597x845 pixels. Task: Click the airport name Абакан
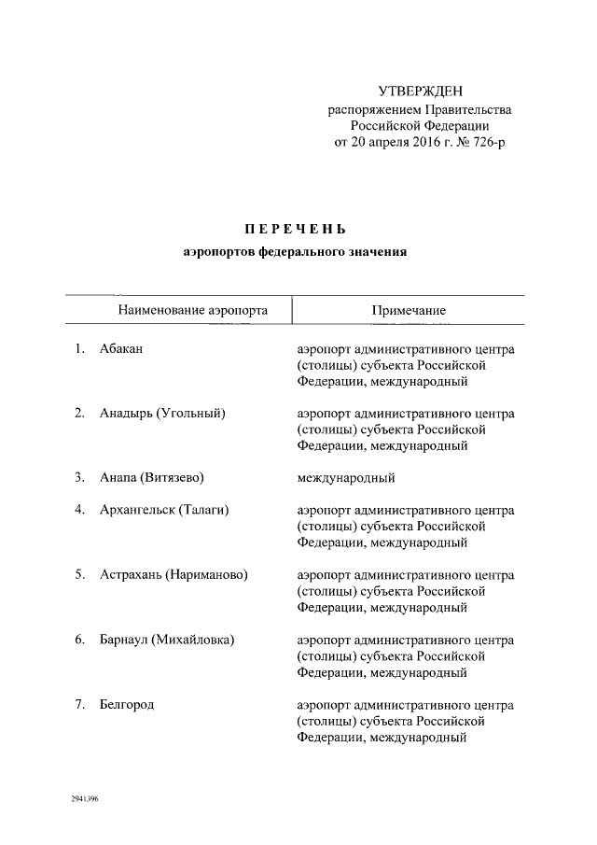pos(121,349)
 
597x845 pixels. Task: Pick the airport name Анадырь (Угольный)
pos(162,414)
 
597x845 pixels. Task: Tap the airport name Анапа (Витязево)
pos(151,478)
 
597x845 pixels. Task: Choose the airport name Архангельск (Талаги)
pos(164,510)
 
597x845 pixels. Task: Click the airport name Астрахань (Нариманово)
pos(174,575)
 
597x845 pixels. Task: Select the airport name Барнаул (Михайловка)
pos(166,640)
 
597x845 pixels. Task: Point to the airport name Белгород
pos(127,704)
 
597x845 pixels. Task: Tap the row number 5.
pos(80,575)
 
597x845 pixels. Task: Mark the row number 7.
pos(80,704)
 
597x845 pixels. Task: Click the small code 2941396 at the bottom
pos(84,800)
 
